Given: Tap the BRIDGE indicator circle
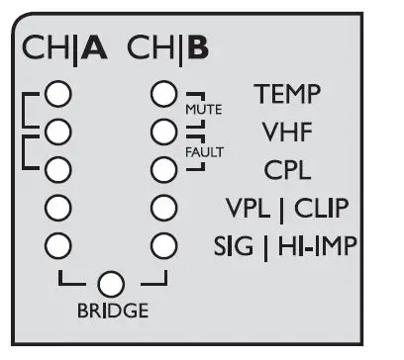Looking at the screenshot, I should click(x=112, y=284).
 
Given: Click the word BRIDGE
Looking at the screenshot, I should click(x=112, y=311).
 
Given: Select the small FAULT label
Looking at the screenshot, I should click(x=205, y=152).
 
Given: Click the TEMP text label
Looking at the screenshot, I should click(x=286, y=94).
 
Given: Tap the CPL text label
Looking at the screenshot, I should click(x=287, y=169).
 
